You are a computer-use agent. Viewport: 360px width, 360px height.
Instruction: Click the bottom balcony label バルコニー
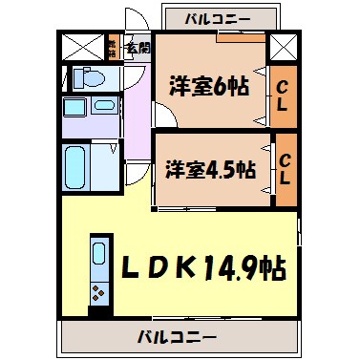click(177, 336)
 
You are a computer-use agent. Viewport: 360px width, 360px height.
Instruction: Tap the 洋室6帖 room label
click(211, 86)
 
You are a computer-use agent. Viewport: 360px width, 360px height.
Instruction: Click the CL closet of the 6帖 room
click(283, 95)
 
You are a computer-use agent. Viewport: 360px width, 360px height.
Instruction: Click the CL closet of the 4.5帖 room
click(286, 170)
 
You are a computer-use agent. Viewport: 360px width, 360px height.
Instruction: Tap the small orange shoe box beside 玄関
click(113, 46)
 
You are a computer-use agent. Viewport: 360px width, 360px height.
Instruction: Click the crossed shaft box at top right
click(282, 47)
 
